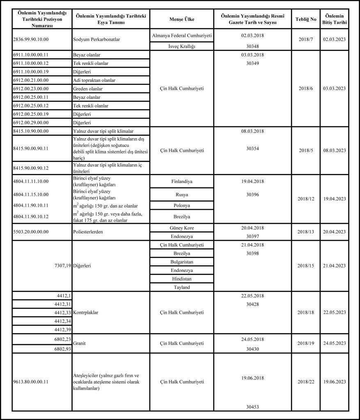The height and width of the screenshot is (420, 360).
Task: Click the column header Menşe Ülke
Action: [x=181, y=19]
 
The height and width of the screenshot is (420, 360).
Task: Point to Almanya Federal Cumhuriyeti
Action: [x=181, y=36]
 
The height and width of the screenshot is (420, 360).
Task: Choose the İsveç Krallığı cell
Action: [x=181, y=46]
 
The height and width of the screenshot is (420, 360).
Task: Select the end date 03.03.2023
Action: [x=335, y=88]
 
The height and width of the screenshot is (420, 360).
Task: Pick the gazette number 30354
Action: [x=252, y=148]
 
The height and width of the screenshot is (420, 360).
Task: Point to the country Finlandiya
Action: [x=181, y=181]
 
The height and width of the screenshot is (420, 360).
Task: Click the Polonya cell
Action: [x=181, y=205]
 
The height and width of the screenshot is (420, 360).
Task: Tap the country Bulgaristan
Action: [x=181, y=262]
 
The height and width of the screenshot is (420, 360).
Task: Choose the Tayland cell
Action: [x=181, y=288]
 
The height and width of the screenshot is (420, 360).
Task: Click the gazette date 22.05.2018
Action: [x=252, y=296]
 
